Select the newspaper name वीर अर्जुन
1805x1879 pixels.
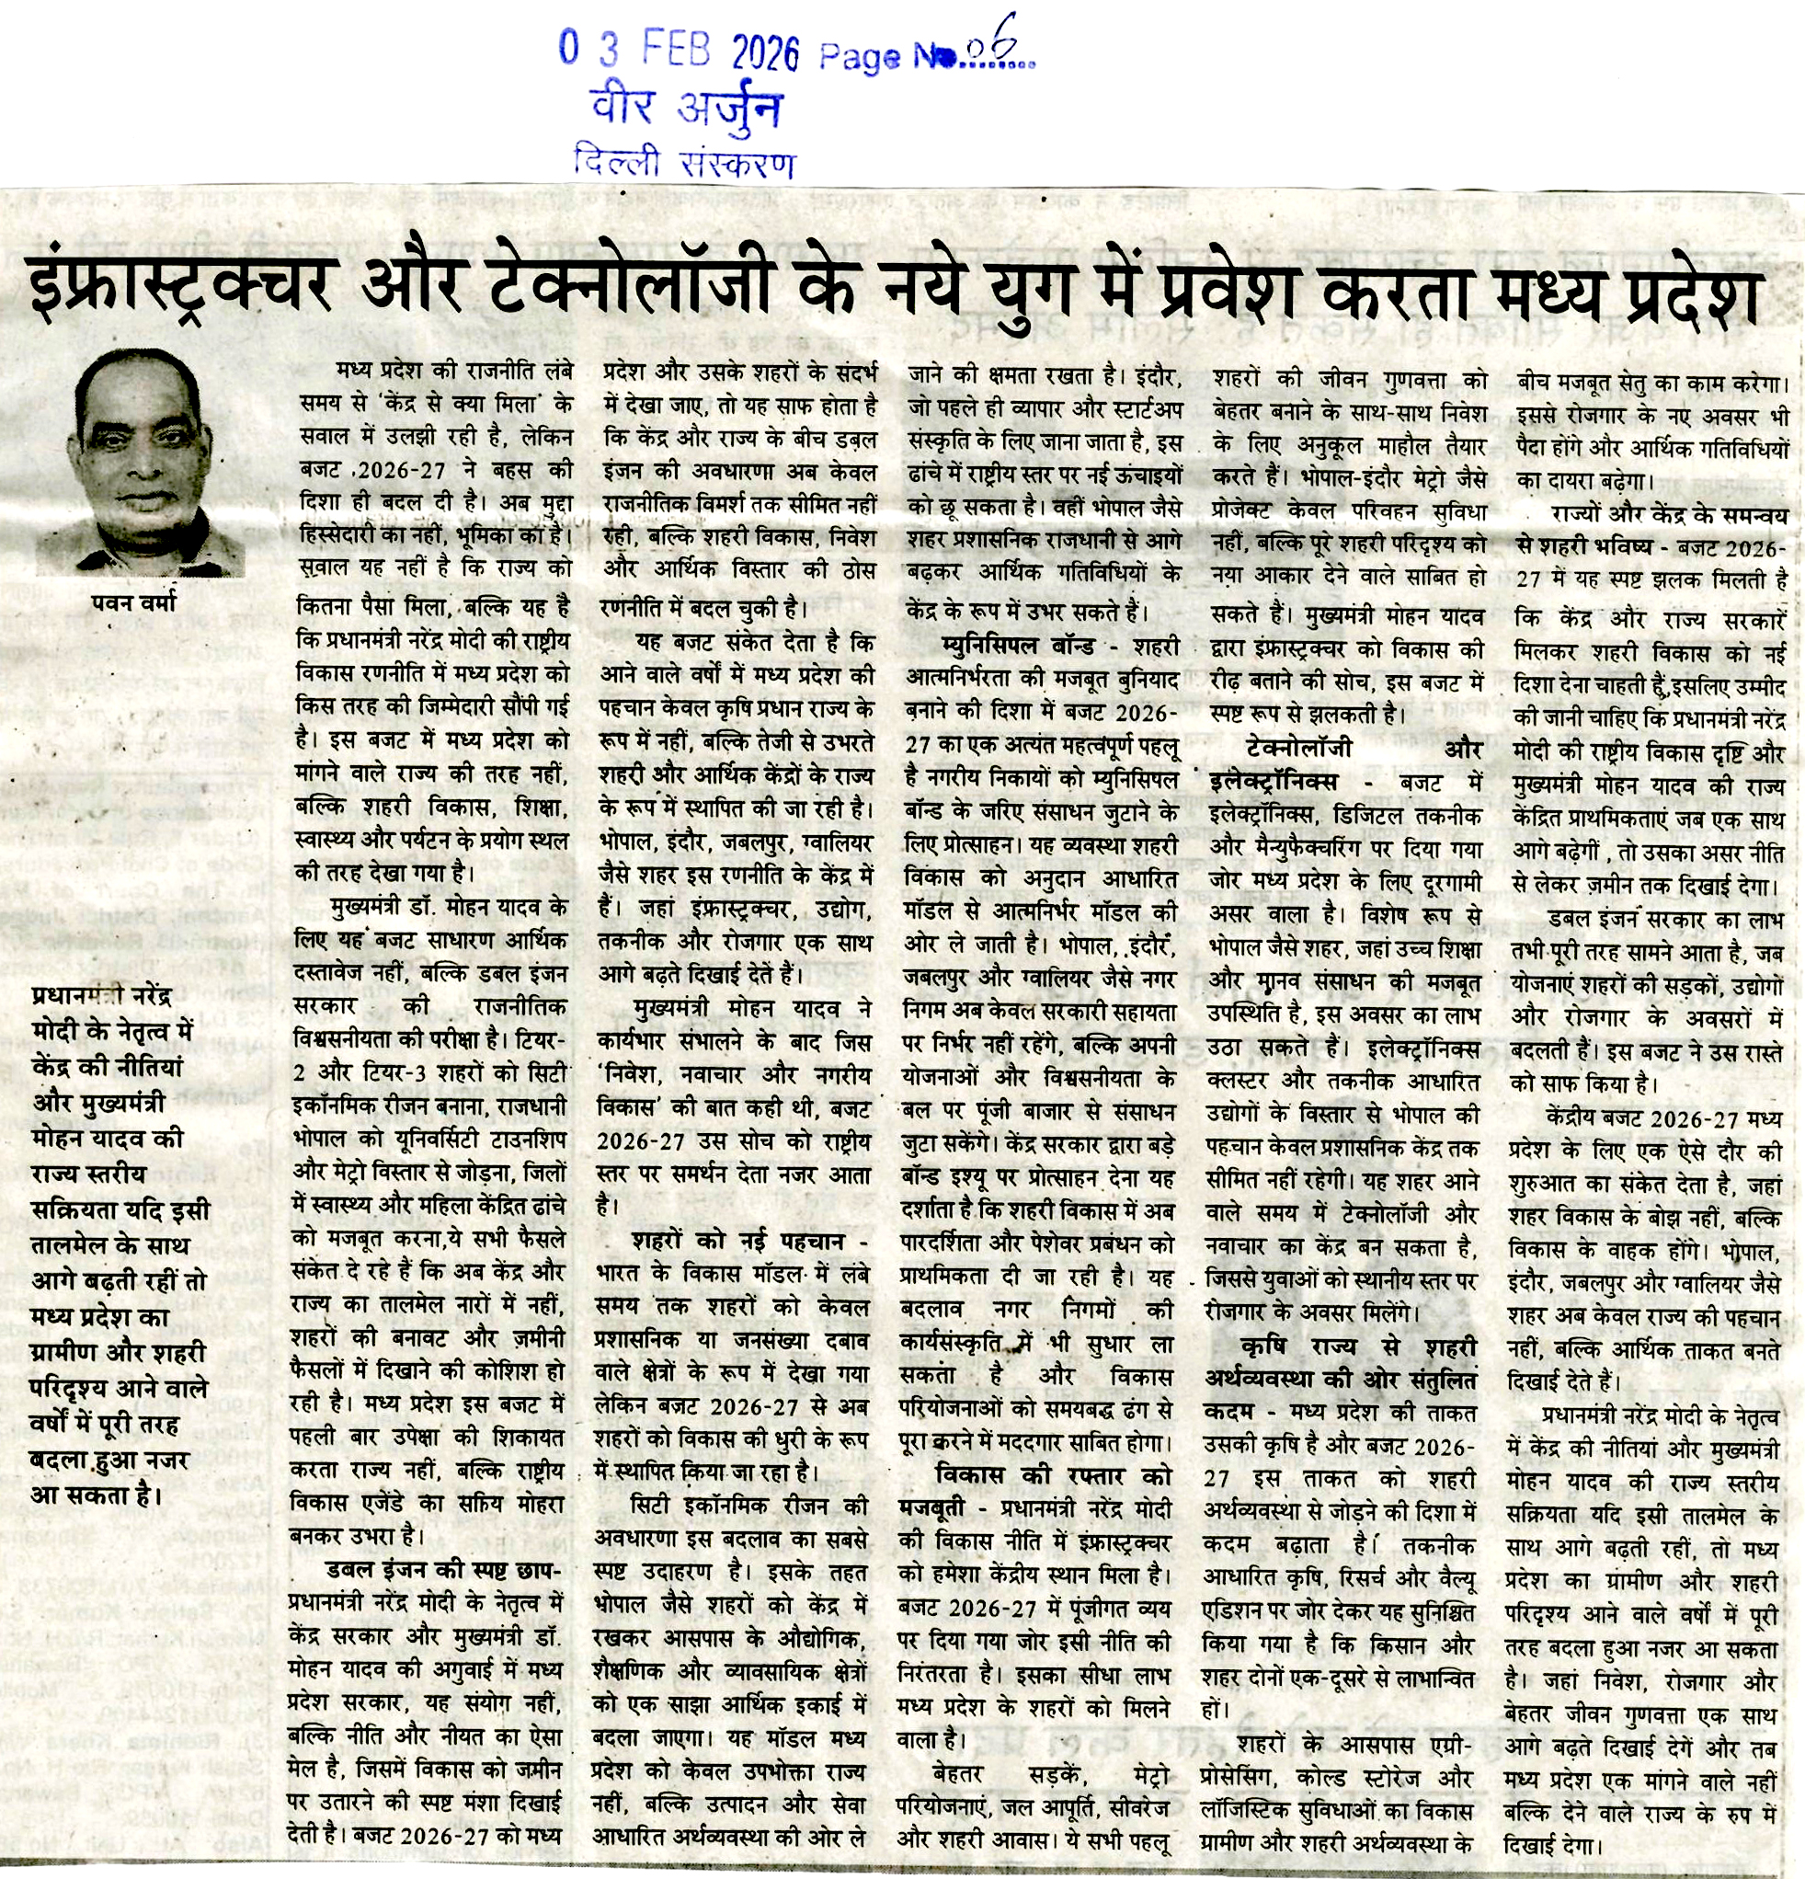coord(686,108)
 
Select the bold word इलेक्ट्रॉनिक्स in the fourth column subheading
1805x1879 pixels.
coord(1273,782)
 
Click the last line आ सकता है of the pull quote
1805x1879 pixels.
coord(97,1495)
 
